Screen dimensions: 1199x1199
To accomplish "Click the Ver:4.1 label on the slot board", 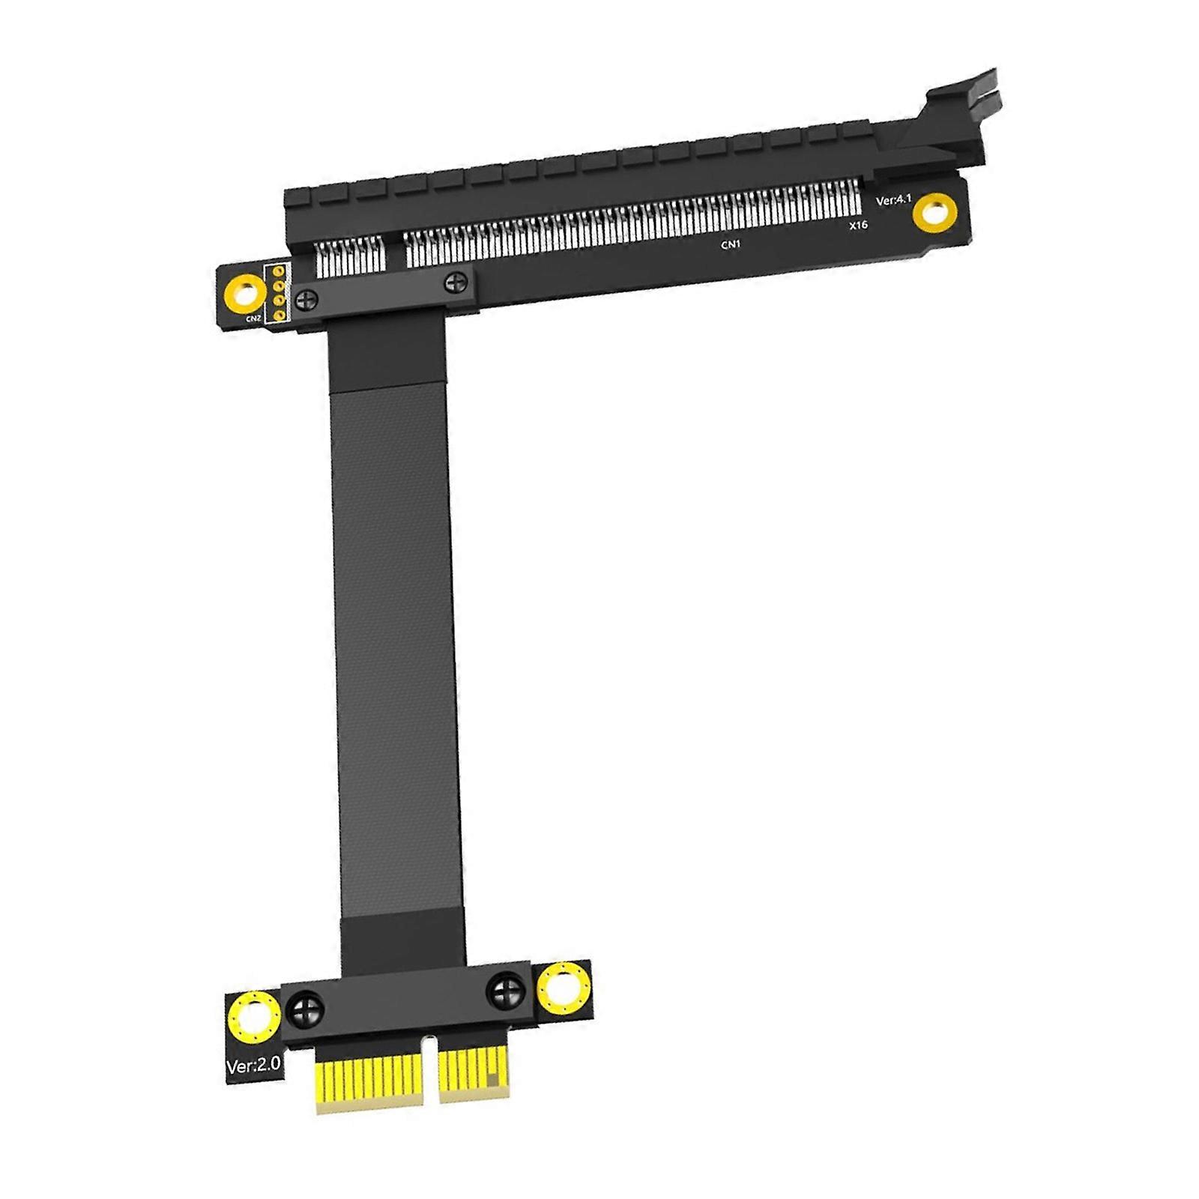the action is [893, 200].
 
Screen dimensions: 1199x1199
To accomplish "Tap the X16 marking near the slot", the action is [858, 225].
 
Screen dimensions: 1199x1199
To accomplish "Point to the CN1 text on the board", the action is [731, 244].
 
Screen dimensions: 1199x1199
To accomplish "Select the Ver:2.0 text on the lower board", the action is [253, 1066].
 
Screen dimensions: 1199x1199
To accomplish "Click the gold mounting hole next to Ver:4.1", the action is [934, 212].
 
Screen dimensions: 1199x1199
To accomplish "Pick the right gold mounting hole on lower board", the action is [563, 988].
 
